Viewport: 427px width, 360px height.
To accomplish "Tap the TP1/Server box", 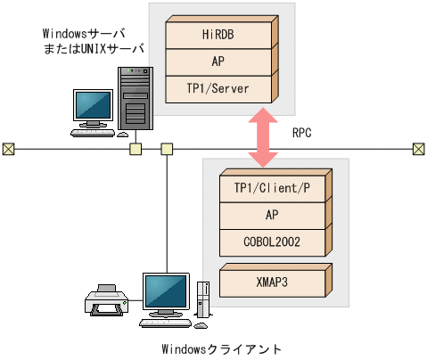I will click(x=218, y=89).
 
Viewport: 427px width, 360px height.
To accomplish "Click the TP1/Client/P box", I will click(x=272, y=189).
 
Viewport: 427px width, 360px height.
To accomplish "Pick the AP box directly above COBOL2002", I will click(x=272, y=215).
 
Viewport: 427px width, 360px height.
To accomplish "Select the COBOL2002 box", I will click(x=272, y=240).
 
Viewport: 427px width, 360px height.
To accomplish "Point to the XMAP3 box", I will click(x=272, y=280).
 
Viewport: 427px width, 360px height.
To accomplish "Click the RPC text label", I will click(x=302, y=133).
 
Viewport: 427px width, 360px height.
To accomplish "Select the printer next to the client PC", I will click(x=106, y=299).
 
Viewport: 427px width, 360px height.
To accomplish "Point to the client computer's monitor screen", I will click(x=166, y=289).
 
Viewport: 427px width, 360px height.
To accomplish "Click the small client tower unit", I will click(x=204, y=298).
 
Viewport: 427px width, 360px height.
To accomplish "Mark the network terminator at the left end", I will click(x=7, y=148).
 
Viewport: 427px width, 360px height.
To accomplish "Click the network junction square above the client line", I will click(x=167, y=148).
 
